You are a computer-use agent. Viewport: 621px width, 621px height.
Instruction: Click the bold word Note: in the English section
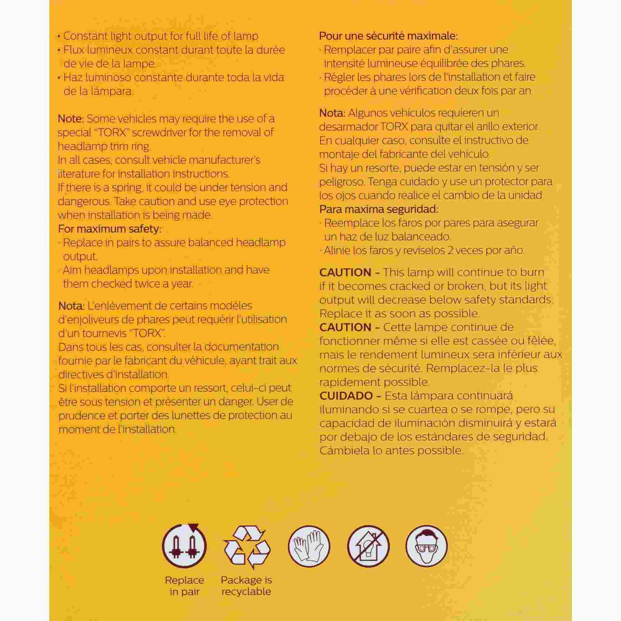[71, 119]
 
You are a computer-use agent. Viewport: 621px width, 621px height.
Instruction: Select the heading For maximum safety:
[110, 229]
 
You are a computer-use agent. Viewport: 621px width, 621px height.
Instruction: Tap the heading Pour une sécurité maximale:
[388, 36]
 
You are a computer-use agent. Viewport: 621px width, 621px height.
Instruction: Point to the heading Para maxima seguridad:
[378, 210]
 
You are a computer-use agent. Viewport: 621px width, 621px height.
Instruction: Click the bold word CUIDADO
[347, 396]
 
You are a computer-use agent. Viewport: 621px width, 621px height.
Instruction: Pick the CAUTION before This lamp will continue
[345, 272]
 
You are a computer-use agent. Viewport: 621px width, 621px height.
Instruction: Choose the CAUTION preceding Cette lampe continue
[345, 327]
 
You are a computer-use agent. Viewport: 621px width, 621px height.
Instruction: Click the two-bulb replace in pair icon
[184, 547]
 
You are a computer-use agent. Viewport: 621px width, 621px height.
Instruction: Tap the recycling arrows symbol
[246, 547]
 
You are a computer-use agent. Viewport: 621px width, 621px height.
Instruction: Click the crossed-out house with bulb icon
[368, 547]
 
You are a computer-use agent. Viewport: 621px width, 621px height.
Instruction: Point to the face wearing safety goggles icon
[427, 547]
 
